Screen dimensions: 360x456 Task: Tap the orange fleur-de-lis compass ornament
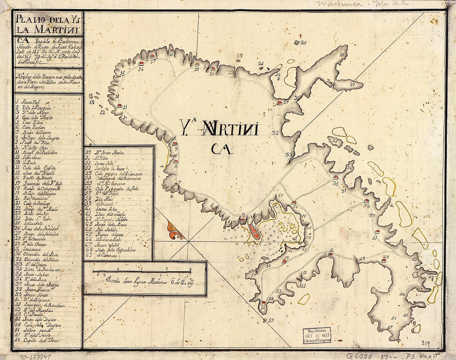[x=175, y=230]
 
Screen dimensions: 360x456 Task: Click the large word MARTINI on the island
[x=230, y=130]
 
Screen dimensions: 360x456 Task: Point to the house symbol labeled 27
[x=279, y=103]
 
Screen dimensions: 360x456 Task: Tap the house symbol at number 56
[x=263, y=303]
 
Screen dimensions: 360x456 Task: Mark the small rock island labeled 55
[x=265, y=320]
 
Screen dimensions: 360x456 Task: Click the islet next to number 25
[x=297, y=42]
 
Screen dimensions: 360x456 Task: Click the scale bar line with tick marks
[x=141, y=271]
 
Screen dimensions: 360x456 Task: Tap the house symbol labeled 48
[x=384, y=261]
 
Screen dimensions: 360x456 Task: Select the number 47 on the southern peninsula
[x=390, y=327]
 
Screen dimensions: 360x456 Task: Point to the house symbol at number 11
[x=119, y=106]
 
